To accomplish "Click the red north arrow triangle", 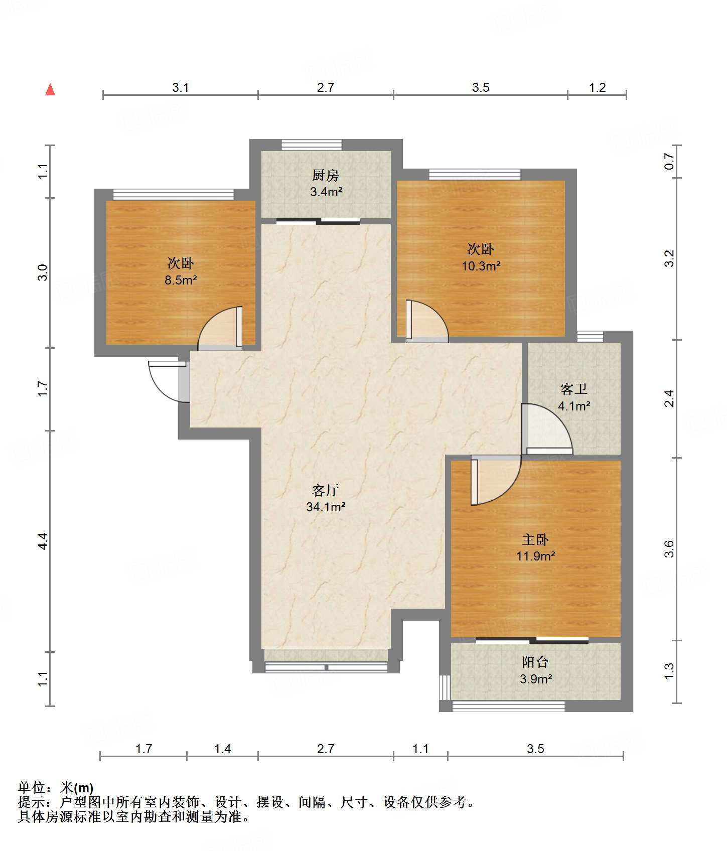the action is click(50, 89).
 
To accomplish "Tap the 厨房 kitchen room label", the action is click(326, 175).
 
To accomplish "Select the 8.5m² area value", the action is click(181, 280).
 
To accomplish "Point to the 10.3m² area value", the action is click(481, 266).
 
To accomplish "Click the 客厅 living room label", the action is click(326, 490).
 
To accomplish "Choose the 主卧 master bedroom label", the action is click(535, 539).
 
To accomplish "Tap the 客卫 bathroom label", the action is click(574, 389).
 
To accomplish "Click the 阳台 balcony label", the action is click(535, 662).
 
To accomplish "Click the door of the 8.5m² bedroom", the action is click(220, 328).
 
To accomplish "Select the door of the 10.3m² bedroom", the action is click(427, 321).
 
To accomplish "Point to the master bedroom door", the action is click(496, 480).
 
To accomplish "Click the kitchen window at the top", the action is click(312, 145).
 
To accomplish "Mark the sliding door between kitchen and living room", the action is click(318, 221).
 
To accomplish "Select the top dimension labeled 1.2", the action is click(597, 87).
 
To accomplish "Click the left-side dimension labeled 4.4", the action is click(43, 541).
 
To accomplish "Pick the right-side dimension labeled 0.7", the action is click(669, 161).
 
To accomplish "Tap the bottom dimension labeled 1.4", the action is click(222, 749).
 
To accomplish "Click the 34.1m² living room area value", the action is click(326, 507).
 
